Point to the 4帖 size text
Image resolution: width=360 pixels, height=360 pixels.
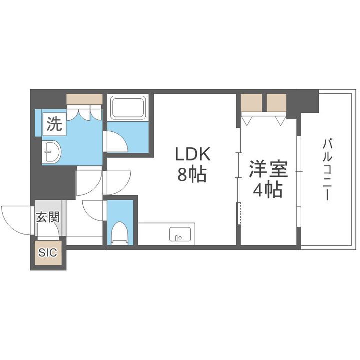point(268,190)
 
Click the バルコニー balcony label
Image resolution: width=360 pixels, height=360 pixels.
point(327,170)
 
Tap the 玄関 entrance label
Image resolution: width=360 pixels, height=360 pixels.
point(48,217)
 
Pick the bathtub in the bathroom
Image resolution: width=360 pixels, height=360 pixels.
point(127,107)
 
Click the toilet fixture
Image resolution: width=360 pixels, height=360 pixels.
point(120,232)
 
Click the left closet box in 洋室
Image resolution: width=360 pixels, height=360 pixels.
point(251,102)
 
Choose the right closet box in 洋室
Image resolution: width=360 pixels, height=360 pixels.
point(276,102)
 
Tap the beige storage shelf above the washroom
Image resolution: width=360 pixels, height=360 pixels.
point(84,99)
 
